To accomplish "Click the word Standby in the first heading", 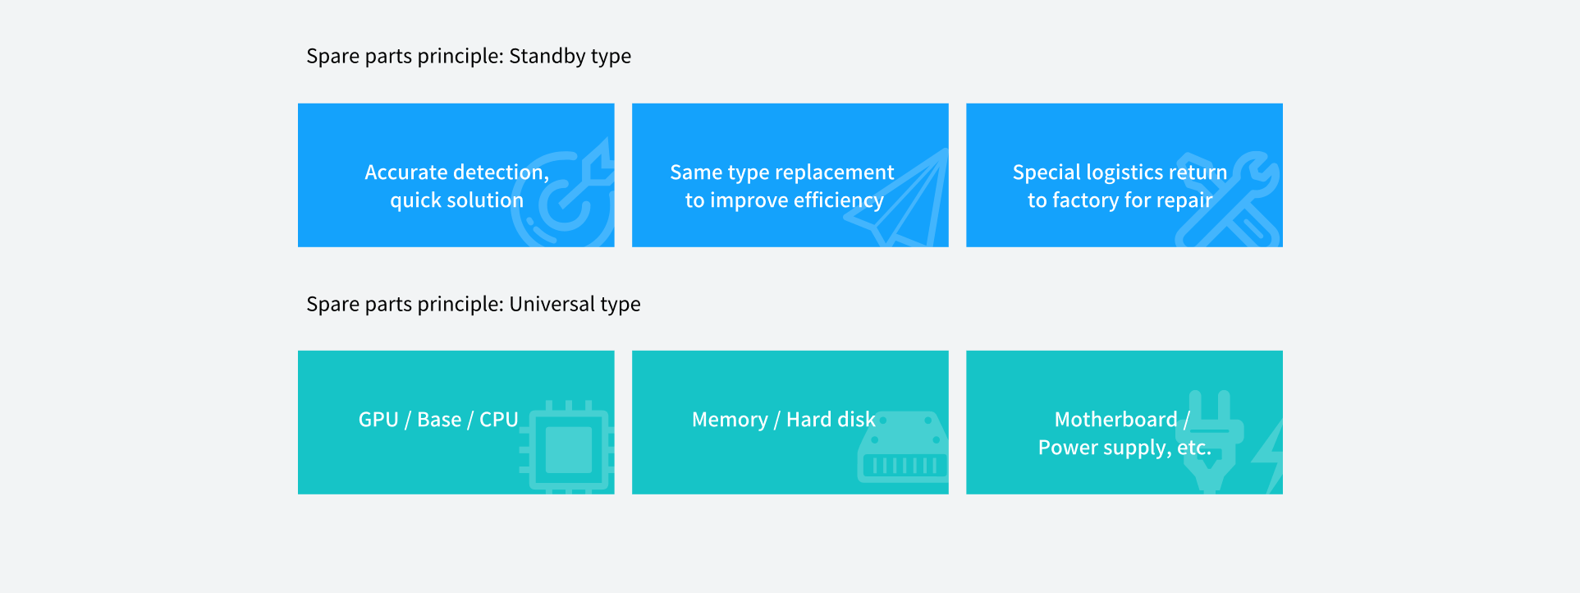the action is click(547, 57).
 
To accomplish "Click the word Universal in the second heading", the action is click(552, 304).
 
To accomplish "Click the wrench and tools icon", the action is click(1228, 200).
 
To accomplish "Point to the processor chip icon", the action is click(567, 448).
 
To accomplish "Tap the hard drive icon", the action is click(903, 447).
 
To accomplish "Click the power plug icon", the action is click(1213, 441).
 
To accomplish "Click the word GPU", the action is click(378, 420).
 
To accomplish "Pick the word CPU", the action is click(499, 420).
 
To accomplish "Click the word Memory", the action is click(730, 420).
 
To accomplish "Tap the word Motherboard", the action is click(1116, 420).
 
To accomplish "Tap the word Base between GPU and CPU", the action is click(439, 420).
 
